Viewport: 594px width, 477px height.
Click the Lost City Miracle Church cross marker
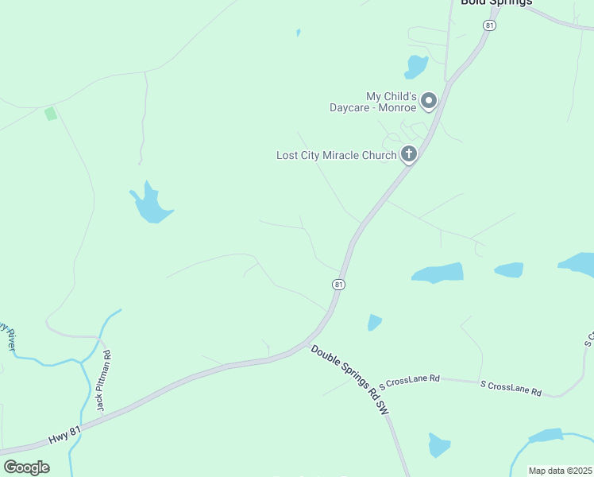(409, 154)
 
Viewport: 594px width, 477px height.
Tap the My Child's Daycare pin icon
(429, 100)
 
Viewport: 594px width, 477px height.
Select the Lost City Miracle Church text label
(336, 155)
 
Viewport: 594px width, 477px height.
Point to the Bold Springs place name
(496, 3)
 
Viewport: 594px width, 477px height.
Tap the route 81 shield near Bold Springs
(489, 25)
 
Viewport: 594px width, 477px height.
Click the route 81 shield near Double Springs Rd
(339, 284)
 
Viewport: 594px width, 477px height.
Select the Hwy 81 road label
(64, 432)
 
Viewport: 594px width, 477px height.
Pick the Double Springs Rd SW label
(349, 380)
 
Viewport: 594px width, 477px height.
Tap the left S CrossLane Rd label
(409, 382)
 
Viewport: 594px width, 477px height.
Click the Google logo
(26, 467)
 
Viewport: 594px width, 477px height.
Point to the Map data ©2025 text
(560, 471)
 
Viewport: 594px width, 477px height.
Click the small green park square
(51, 114)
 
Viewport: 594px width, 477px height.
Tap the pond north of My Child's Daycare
(415, 67)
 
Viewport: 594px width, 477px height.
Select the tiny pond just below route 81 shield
(374, 322)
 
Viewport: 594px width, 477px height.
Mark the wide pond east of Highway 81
(438, 273)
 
